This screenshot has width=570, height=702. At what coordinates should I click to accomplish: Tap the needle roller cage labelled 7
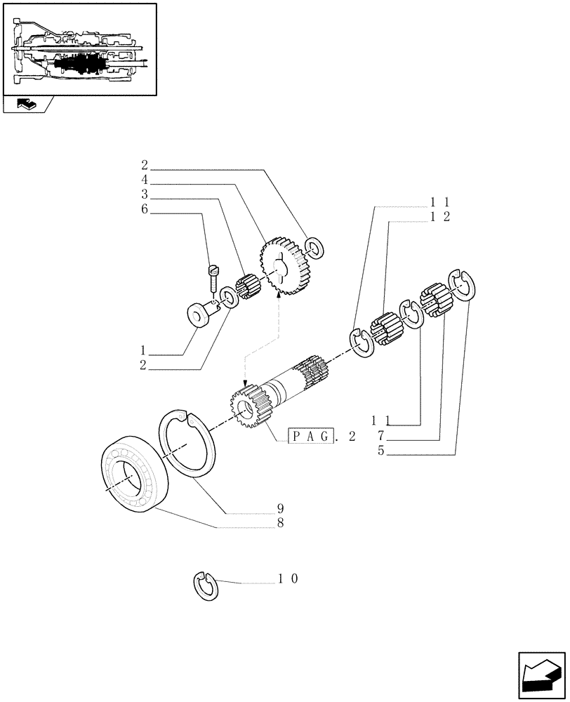[x=434, y=300]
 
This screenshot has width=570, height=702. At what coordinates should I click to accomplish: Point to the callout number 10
[x=288, y=579]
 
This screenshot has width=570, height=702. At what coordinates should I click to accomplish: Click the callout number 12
[x=440, y=217]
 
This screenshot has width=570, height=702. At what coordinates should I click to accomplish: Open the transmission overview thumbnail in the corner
[x=79, y=49]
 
